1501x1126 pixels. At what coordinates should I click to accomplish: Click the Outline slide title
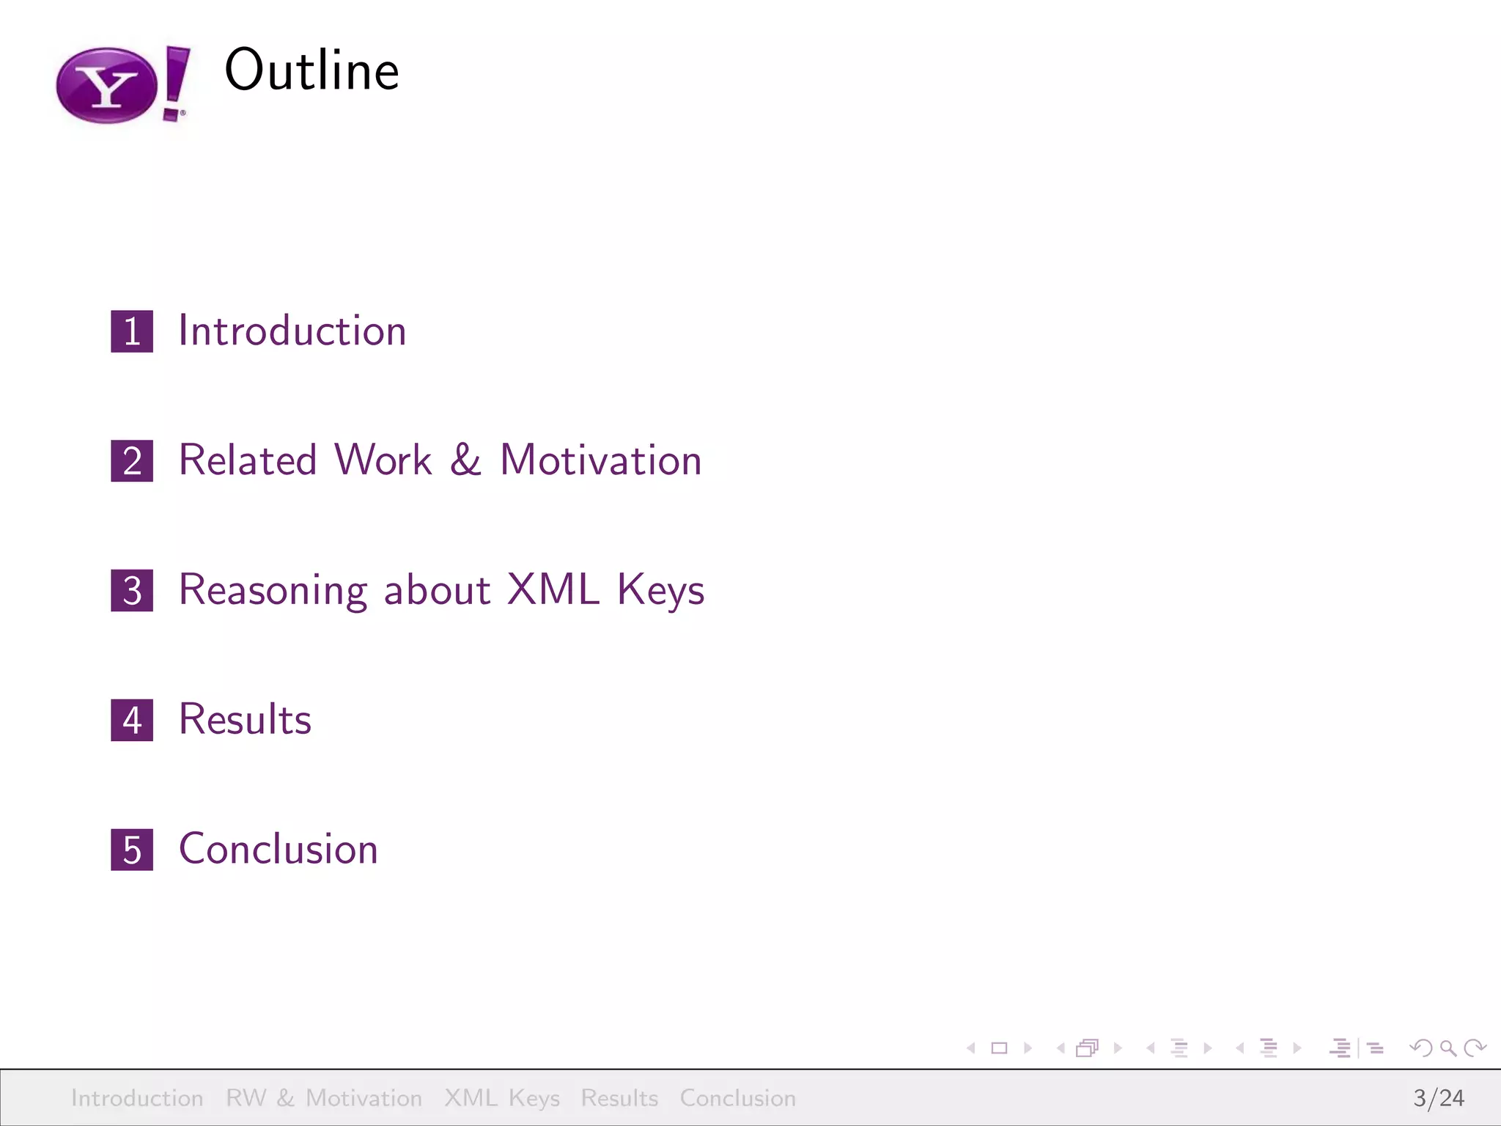(311, 70)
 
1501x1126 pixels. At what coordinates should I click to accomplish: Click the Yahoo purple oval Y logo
(107, 86)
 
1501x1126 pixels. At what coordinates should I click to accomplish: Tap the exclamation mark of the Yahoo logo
(176, 82)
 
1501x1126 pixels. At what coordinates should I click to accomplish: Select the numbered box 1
(132, 331)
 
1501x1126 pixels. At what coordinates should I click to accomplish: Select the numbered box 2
(132, 461)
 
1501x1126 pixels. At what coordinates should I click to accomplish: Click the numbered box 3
(132, 591)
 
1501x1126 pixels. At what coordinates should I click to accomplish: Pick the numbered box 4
(132, 720)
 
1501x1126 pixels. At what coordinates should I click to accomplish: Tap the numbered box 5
(132, 850)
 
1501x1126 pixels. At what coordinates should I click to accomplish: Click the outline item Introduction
(292, 331)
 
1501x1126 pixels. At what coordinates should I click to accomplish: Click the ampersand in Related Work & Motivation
(465, 460)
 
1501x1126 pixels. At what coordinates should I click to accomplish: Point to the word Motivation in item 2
(600, 460)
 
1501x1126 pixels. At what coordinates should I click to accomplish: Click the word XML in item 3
(553, 589)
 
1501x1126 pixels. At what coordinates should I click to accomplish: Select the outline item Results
(246, 719)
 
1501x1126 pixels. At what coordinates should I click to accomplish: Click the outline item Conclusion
(279, 849)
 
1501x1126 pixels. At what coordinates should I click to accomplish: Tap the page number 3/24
(1438, 1097)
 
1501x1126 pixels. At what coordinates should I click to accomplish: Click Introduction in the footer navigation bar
(137, 1097)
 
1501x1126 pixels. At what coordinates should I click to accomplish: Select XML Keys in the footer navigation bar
(502, 1097)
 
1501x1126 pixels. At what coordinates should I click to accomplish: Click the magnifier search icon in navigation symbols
(1447, 1048)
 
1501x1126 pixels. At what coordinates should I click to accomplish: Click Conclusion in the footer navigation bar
(737, 1097)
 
